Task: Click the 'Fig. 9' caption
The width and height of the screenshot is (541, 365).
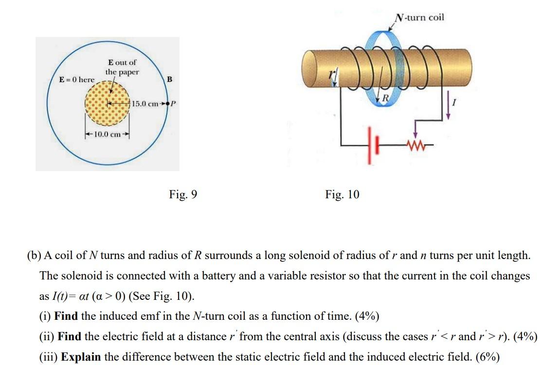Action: (x=183, y=195)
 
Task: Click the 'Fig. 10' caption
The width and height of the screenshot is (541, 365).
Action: (x=342, y=195)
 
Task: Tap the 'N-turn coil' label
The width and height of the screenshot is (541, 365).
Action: (x=419, y=17)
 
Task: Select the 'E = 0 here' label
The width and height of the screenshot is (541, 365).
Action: (x=77, y=79)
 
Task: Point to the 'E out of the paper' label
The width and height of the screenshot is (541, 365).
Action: (x=122, y=67)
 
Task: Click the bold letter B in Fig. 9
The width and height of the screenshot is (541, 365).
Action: (x=169, y=79)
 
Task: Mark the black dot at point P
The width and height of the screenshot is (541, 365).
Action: (x=168, y=104)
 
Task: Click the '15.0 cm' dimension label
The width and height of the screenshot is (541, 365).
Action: (x=144, y=104)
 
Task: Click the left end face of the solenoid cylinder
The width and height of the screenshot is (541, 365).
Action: (x=309, y=68)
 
